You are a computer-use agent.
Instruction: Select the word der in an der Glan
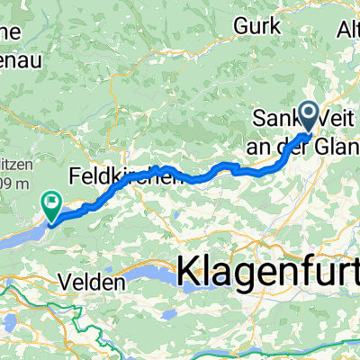pyautogui.click(x=304, y=146)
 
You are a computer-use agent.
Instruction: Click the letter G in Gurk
pyautogui.click(x=239, y=27)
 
